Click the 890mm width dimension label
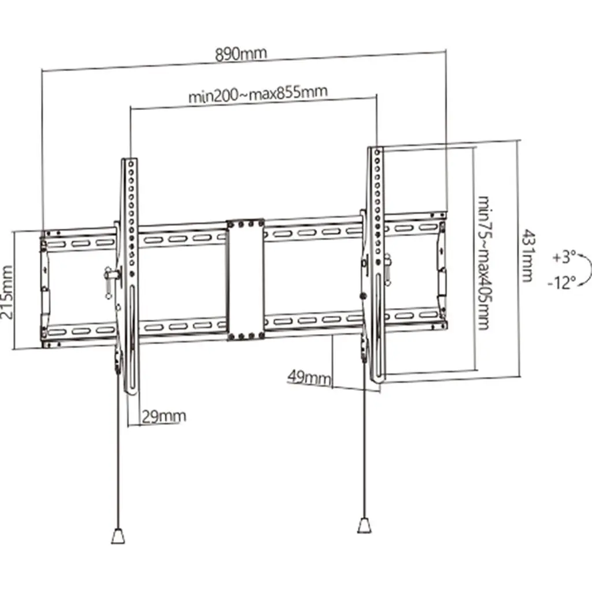coord(241,54)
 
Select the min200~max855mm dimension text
coord(258,94)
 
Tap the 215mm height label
coord(8,292)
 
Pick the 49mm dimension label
coord(309,377)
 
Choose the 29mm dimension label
coord(164,416)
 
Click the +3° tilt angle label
coord(564,257)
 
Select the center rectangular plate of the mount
coord(245,280)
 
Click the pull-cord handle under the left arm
coord(118,536)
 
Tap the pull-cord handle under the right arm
coord(364,526)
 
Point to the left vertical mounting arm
coord(129,276)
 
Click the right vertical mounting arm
coord(376,264)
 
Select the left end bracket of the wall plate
coord(45,290)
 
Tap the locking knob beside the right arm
coord(387,269)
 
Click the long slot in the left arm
coord(131,338)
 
